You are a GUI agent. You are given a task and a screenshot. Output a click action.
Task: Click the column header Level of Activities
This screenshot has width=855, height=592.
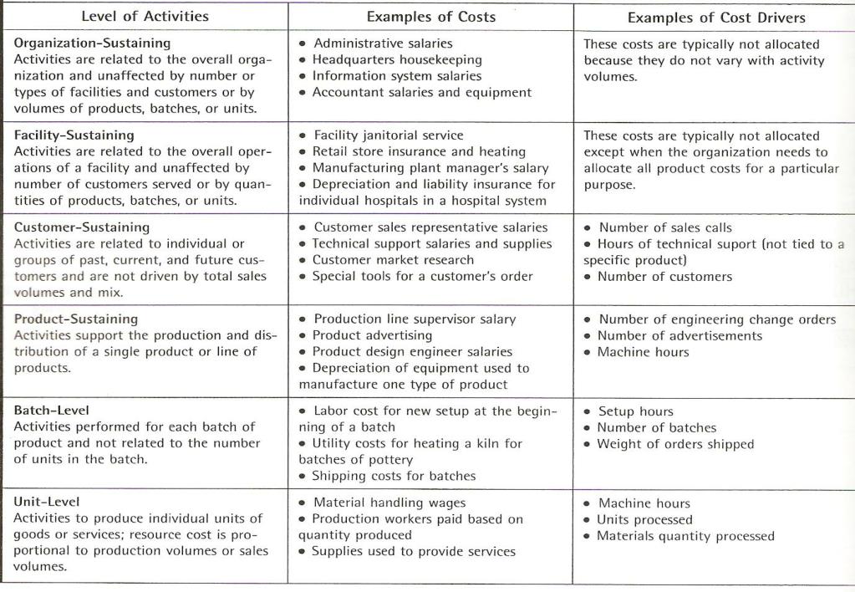pyautogui.click(x=145, y=16)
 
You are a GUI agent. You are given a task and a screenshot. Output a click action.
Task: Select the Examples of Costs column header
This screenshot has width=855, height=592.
pyautogui.click(x=431, y=17)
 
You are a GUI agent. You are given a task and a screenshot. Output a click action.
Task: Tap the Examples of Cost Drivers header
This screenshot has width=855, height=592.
pyautogui.click(x=716, y=18)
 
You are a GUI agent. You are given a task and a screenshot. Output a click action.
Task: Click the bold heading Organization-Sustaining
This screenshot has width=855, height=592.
pyautogui.click(x=93, y=43)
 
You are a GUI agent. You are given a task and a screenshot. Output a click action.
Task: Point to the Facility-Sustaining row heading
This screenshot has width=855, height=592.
pyautogui.click(x=74, y=135)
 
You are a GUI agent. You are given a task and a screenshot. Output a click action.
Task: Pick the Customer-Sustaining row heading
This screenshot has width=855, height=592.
pyautogui.click(x=82, y=227)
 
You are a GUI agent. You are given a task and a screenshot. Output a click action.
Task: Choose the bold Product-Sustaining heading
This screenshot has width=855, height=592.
pyautogui.click(x=76, y=319)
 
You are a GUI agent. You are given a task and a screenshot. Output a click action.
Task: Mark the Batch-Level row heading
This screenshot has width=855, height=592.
pyautogui.click(x=52, y=411)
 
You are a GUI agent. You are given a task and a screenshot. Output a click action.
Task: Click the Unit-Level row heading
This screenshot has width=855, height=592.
pyautogui.click(x=48, y=502)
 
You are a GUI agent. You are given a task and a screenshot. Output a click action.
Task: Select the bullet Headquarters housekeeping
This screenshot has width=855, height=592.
pyautogui.click(x=397, y=59)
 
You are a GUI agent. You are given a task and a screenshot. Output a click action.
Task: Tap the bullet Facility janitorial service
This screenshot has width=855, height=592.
pyautogui.click(x=389, y=135)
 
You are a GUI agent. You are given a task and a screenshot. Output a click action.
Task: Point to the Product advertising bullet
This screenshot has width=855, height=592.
pyautogui.click(x=373, y=335)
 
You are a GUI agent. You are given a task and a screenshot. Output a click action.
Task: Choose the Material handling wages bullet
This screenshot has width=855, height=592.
pyautogui.click(x=389, y=503)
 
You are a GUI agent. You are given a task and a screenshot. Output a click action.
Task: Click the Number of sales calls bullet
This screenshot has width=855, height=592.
pyautogui.click(x=665, y=227)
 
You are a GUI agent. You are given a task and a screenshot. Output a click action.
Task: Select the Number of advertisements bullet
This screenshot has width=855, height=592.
pyautogui.click(x=680, y=335)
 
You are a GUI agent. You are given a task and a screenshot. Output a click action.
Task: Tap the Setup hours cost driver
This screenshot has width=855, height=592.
pyautogui.click(x=635, y=411)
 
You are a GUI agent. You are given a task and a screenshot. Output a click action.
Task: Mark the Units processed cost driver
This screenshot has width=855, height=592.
pyautogui.click(x=644, y=519)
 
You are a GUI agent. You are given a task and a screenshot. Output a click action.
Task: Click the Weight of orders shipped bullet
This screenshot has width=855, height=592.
pyautogui.click(x=675, y=444)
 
